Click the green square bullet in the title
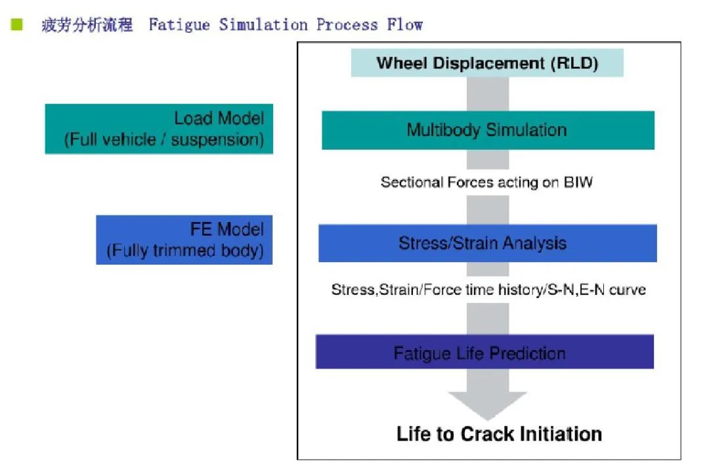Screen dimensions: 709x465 [16, 24]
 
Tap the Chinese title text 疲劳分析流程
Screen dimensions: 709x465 [87, 25]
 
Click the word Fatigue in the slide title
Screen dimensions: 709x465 [179, 25]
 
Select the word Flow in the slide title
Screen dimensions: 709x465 [404, 24]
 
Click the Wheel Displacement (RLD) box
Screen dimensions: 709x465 [487, 63]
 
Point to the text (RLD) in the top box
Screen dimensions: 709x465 [574, 63]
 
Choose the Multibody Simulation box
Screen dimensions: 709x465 [488, 130]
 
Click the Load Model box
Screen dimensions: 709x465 [159, 129]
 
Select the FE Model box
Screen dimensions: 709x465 [184, 240]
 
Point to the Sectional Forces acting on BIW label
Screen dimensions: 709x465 [486, 183]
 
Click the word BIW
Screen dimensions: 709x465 [578, 183]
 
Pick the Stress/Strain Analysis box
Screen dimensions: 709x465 [487, 244]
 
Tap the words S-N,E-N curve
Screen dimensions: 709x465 [596, 290]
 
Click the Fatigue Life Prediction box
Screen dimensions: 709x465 [484, 352]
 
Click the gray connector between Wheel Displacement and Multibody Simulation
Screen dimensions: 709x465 [487, 94]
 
